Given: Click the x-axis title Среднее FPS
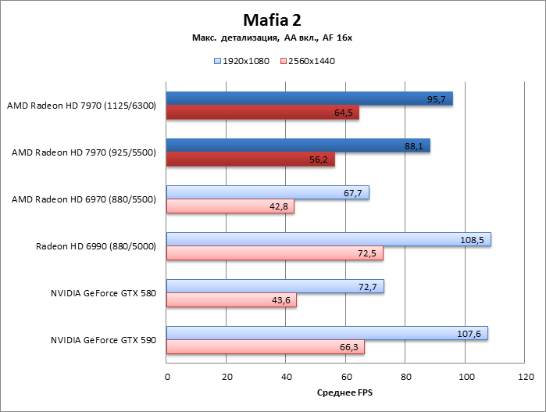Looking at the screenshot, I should pos(344,392).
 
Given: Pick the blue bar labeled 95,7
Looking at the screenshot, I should pos(309,99).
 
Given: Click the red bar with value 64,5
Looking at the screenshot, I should pos(262,113).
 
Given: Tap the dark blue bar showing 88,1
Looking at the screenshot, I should pos(298,146).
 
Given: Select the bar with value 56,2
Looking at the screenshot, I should pos(250,159).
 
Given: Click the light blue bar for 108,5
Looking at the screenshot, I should pos(328,240).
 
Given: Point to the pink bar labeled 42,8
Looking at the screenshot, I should pos(230,206).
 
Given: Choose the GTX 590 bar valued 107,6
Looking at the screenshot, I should pos(327,334).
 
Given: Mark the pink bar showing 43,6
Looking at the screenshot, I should pos(231,300).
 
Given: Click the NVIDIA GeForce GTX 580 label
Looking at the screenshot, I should pos(104,293).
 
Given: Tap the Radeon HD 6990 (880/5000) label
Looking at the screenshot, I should pos(96,246).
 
